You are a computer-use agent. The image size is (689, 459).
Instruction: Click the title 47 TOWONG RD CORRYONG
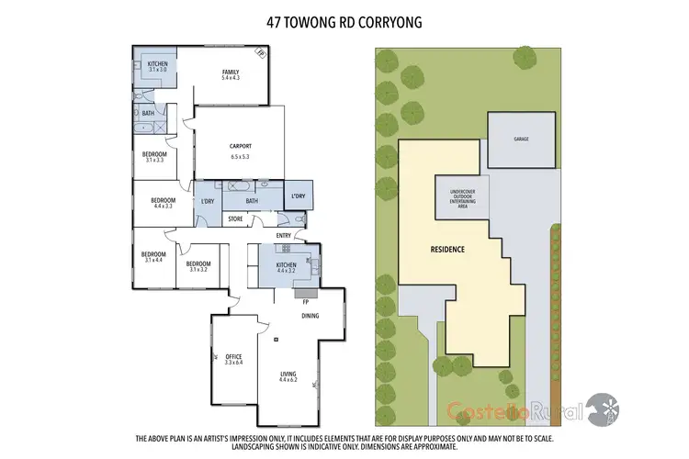click(344, 21)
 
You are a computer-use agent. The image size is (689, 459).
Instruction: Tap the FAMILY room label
click(230, 75)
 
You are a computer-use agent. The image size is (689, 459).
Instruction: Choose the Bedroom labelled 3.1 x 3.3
click(154, 157)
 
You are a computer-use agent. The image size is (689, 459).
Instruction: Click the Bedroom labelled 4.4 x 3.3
click(163, 203)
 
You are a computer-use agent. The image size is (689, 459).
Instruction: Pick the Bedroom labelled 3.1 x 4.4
click(153, 257)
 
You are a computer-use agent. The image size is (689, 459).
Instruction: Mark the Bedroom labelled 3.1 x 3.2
click(199, 266)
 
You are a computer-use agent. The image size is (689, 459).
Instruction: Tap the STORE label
click(234, 218)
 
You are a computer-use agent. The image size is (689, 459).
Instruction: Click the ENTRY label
click(283, 236)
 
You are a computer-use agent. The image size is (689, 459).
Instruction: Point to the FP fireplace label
click(304, 301)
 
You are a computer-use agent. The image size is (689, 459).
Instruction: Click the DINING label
click(311, 317)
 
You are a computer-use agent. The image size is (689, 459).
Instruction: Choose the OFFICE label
click(232, 359)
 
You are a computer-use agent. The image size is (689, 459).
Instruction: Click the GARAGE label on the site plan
click(522, 138)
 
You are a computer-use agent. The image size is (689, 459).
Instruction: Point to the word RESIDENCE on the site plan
click(447, 249)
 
